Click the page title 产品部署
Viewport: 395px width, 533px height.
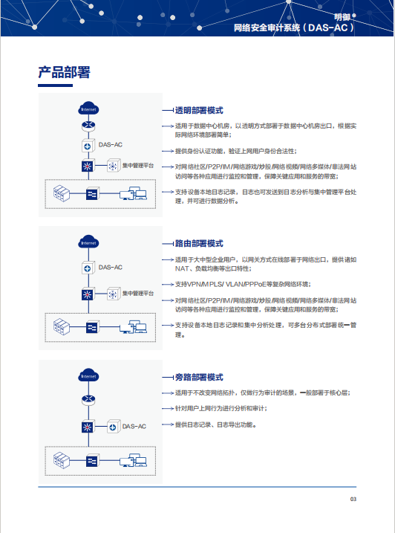64,72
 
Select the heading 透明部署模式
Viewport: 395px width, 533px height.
199,110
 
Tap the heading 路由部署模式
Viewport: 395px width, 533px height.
199,243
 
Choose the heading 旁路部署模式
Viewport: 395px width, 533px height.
199,377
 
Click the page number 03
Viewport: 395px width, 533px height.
353,499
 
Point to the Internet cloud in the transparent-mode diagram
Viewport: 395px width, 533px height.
88,109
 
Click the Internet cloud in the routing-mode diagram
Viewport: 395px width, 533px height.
88,242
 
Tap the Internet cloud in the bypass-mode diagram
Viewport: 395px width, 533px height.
88,375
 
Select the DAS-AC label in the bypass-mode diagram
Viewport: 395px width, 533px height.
134,426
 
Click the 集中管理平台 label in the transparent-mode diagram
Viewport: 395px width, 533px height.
138,166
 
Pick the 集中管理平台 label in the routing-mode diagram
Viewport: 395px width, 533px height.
138,293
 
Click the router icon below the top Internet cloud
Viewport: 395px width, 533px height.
88,126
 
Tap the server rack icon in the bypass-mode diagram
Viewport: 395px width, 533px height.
62,461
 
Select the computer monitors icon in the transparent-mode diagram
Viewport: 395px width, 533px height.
133,193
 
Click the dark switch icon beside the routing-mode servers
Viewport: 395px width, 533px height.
92,327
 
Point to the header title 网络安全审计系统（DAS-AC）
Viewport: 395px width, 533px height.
294,28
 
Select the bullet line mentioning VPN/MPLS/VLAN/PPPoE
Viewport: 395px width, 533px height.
243,284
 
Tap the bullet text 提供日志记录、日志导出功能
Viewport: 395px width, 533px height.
215,424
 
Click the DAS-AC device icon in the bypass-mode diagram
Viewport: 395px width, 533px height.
114,427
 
